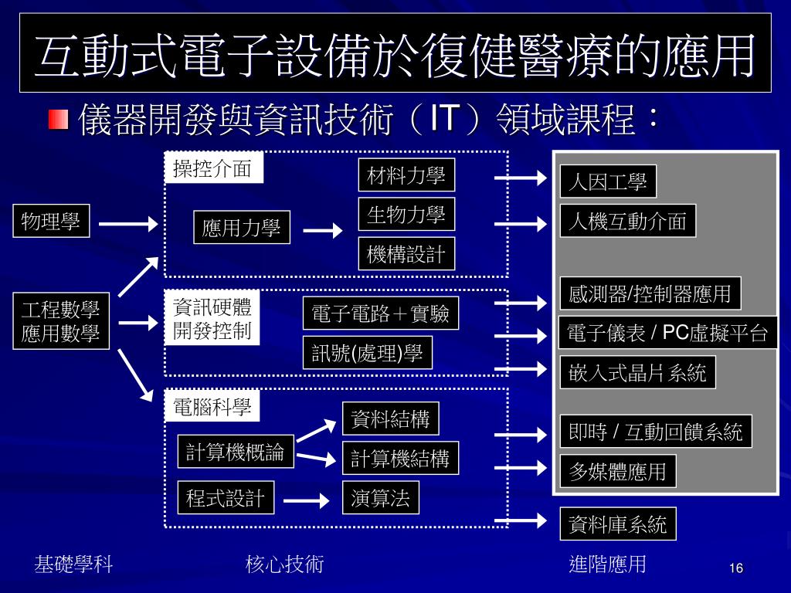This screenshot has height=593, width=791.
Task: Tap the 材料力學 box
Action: pyautogui.click(x=406, y=175)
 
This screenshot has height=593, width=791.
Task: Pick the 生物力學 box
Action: pyautogui.click(x=406, y=215)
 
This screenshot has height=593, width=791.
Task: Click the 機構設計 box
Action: pyautogui.click(x=406, y=254)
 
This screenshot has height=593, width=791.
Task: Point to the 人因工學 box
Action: pyautogui.click(x=607, y=182)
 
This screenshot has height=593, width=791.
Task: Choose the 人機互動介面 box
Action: pyautogui.click(x=627, y=222)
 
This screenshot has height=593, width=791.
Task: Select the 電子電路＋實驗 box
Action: pyautogui.click(x=380, y=313)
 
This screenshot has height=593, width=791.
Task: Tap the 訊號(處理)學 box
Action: pyautogui.click(x=367, y=354)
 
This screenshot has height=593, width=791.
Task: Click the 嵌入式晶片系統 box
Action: pyautogui.click(x=637, y=373)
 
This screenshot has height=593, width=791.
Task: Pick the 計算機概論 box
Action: pyautogui.click(x=236, y=452)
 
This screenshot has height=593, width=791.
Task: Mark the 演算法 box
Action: pyautogui.click(x=380, y=497)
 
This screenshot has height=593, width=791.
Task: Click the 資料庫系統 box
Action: pyautogui.click(x=617, y=525)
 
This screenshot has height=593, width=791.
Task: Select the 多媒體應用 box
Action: pyautogui.click(x=617, y=471)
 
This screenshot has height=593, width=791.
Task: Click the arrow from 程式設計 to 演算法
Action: pyautogui.click(x=307, y=500)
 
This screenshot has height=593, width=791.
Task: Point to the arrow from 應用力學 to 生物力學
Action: pyautogui.click(x=322, y=230)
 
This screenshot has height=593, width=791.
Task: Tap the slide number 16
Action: pyautogui.click(x=735, y=569)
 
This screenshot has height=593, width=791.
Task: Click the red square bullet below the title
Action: pyautogui.click(x=58, y=120)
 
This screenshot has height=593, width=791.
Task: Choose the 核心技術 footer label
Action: pyautogui.click(x=284, y=564)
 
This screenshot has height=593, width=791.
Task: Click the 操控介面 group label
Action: pyautogui.click(x=213, y=169)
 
